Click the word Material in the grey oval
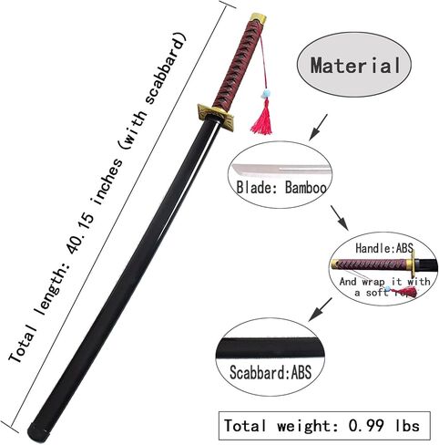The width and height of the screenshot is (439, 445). (x=355, y=66)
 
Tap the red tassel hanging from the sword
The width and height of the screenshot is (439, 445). (x=262, y=117)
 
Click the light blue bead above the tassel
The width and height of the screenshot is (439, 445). (x=266, y=94)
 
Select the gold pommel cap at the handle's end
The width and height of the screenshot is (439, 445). (x=259, y=18)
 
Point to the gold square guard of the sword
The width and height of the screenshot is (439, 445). (x=216, y=117)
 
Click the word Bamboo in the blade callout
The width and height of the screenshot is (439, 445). (x=306, y=188)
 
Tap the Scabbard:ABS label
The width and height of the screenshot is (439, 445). (x=271, y=372)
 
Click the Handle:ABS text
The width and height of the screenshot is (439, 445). (x=384, y=248)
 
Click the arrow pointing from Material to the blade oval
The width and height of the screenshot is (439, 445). (x=318, y=128)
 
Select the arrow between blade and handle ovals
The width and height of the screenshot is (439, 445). (x=340, y=218)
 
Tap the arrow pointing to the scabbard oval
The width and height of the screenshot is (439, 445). (x=320, y=309)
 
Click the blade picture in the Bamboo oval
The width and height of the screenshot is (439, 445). (x=281, y=170)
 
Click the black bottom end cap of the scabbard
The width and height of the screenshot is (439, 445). (x=38, y=433)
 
